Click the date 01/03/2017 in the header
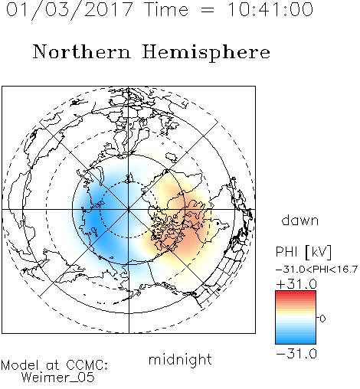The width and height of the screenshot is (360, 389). tap(70, 10)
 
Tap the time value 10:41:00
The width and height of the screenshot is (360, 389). tap(270, 9)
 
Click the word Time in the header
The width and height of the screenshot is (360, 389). tap(166, 9)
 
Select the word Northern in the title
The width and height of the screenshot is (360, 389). tap(82, 51)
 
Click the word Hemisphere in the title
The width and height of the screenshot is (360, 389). tap(206, 52)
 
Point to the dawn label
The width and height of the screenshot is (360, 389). tap(300, 220)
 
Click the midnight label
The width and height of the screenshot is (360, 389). tap(180, 360)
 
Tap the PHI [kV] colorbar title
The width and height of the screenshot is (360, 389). tap(303, 252)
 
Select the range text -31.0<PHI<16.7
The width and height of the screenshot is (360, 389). tap(317, 269)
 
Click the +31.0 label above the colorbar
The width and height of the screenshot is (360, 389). tap(296, 284)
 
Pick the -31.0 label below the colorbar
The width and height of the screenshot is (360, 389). tap(296, 354)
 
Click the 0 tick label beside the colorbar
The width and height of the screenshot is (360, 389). tap(322, 319)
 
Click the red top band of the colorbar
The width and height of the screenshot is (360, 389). tap(296, 293)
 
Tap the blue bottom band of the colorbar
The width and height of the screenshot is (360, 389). tap(296, 341)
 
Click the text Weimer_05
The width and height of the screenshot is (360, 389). tap(57, 378)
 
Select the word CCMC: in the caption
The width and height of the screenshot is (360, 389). tap(87, 365)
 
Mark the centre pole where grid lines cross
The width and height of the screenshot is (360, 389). tap(129, 210)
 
